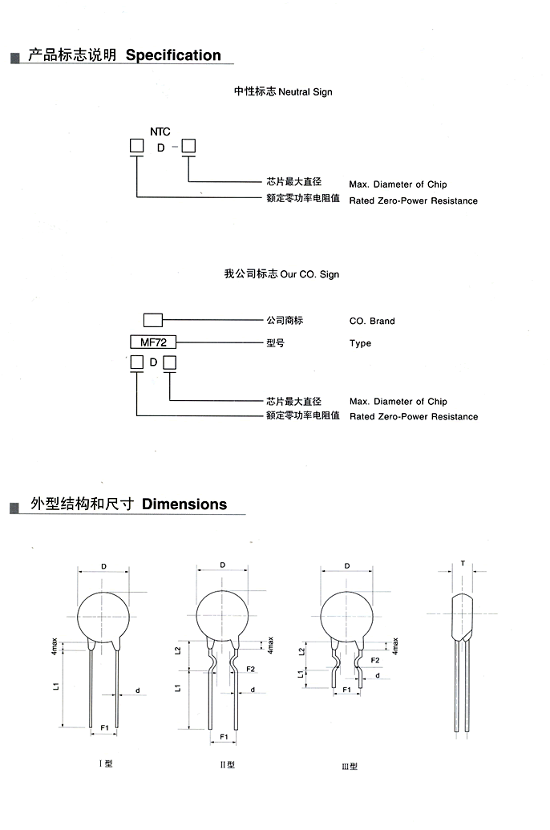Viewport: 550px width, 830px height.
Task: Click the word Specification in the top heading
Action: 173,55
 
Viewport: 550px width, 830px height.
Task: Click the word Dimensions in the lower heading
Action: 184,504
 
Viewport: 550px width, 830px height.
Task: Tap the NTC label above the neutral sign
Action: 160,132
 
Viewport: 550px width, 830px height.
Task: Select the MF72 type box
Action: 153,342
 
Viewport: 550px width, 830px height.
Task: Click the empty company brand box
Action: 153,320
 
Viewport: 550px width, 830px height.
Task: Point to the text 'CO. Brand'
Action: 372,321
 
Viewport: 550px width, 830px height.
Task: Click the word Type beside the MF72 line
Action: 361,343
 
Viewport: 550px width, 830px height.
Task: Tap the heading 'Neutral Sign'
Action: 305,92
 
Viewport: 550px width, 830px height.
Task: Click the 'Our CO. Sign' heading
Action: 309,274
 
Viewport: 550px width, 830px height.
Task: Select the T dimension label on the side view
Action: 463,563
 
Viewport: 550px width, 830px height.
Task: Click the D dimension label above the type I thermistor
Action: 103,566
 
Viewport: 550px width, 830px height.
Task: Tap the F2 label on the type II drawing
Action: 250,669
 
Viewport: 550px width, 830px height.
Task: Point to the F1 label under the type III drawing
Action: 346,689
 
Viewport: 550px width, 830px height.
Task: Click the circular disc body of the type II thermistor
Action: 222,616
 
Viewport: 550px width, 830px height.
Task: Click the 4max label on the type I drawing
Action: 54,646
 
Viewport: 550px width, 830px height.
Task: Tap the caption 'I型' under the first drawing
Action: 106,763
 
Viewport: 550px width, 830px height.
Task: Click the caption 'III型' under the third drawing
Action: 350,766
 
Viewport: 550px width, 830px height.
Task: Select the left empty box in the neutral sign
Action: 136,146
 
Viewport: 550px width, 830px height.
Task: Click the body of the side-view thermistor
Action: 462,616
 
